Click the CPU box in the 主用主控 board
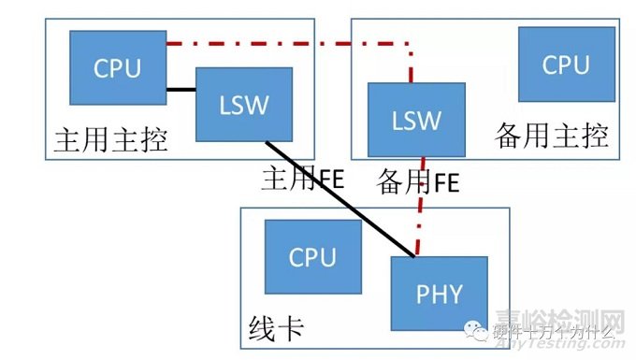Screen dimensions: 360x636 (x=117, y=67)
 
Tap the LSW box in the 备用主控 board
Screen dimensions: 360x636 (x=415, y=119)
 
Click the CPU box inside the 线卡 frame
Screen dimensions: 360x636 (x=311, y=256)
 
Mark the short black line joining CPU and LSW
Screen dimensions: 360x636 (x=181, y=90)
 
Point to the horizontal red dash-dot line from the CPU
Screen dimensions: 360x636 (x=281, y=43)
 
